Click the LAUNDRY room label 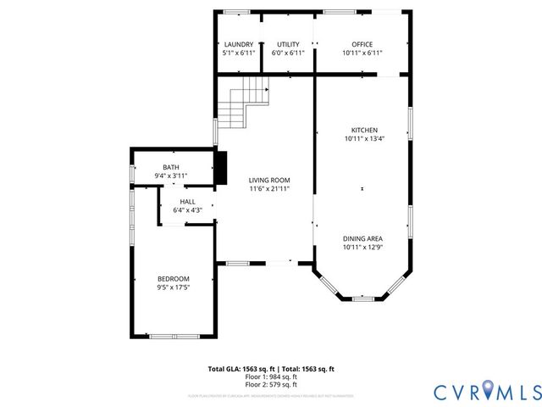237,44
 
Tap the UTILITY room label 288,44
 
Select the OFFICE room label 362,44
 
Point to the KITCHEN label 364,130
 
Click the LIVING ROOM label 269,180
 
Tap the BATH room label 171,167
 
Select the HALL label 187,202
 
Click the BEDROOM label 173,279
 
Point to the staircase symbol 243,100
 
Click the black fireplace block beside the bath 221,167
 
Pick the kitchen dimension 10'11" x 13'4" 364,138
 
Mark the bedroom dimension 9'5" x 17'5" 173,287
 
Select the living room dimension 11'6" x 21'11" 269,188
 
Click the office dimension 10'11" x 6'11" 362,53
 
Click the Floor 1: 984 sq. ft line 271,376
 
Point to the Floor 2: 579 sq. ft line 271,384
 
